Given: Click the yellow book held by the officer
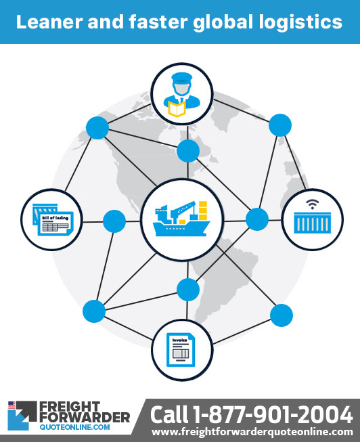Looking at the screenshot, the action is pyautogui.click(x=177, y=109).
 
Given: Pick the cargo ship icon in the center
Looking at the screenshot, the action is pyautogui.click(x=181, y=219).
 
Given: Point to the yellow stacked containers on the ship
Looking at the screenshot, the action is pyautogui.click(x=203, y=211).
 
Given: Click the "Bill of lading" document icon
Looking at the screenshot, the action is pyautogui.click(x=53, y=219).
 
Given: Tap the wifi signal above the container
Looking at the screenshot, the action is pyautogui.click(x=313, y=204).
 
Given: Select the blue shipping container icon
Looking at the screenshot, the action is pyautogui.click(x=313, y=223).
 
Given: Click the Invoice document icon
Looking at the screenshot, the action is pyautogui.click(x=181, y=350).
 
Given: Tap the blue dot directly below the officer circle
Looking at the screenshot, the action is pyautogui.click(x=188, y=151).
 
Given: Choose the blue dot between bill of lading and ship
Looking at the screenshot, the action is pyautogui.click(x=114, y=221).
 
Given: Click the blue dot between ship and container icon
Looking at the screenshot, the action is pyautogui.click(x=257, y=219).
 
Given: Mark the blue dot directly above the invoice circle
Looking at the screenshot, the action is pyautogui.click(x=188, y=290).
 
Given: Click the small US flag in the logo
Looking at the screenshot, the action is pyautogui.click(x=12, y=405).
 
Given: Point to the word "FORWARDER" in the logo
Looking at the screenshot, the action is pyautogui.click(x=85, y=418).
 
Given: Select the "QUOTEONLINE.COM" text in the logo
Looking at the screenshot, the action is pyautogui.click(x=74, y=427).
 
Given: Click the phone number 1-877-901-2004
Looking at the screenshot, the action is pyautogui.click(x=272, y=415).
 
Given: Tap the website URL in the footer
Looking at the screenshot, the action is pyautogui.click(x=252, y=432).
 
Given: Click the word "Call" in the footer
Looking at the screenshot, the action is pyautogui.click(x=169, y=415).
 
